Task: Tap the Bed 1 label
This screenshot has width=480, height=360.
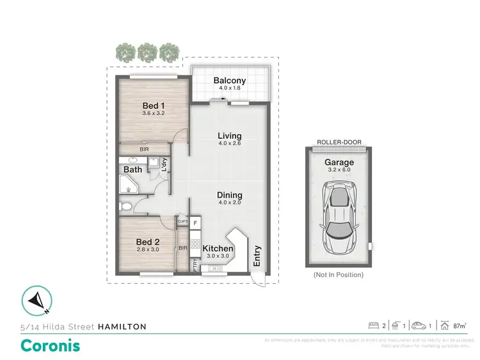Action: [x=151, y=106]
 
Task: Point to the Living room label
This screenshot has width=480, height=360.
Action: [x=229, y=136]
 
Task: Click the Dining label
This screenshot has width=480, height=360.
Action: [x=229, y=196]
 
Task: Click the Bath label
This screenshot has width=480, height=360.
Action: [x=132, y=170]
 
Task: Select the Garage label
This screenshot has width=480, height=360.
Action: [x=339, y=162]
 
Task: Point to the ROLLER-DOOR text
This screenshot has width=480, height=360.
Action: [x=339, y=143]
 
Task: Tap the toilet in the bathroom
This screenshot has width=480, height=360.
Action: [x=127, y=206]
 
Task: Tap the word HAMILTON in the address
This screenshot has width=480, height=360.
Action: [x=122, y=327]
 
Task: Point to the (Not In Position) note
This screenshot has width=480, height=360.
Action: [x=339, y=275]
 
